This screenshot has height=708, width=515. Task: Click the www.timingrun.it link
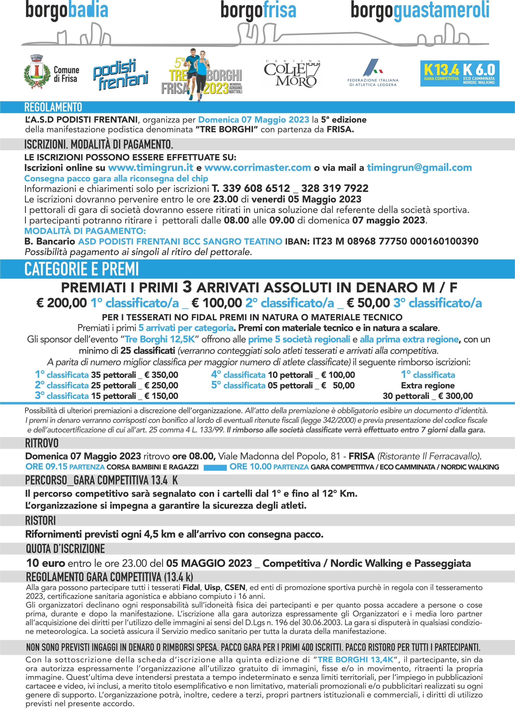[151, 168]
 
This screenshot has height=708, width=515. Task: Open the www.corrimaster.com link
[258, 168]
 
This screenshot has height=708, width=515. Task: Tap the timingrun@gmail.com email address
[419, 168]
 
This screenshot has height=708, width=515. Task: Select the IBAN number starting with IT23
[395, 241]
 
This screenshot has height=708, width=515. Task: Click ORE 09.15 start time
[47, 467]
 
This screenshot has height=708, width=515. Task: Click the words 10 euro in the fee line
[46, 563]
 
